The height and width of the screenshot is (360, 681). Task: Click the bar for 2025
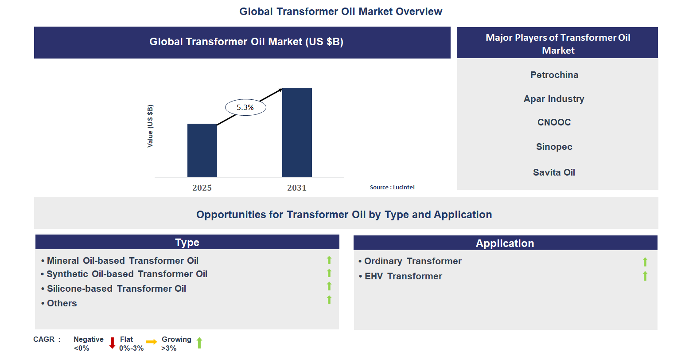pos(202,150)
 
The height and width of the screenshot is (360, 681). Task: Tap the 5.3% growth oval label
pos(245,107)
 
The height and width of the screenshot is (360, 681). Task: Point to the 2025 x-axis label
pos(202,188)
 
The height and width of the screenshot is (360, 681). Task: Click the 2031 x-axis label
pos(297,188)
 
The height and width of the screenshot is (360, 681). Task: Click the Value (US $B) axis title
pos(150,126)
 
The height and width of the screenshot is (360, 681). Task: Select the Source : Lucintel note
pos(392,187)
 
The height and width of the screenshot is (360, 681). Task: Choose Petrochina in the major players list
pos(554,75)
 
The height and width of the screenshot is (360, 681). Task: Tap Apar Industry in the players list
pos(554,99)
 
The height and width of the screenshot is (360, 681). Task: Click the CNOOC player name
pos(554,122)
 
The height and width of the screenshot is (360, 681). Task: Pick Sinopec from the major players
pos(554,147)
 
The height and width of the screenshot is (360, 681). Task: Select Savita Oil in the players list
pos(554,172)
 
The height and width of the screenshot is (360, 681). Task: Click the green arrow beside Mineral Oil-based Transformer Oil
pos(329,260)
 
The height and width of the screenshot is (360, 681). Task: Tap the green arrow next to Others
pos(329,300)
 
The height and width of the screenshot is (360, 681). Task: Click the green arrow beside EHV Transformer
pos(645,276)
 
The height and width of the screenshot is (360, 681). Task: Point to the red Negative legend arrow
pos(112,343)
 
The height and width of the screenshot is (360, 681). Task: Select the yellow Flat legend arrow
pos(151,342)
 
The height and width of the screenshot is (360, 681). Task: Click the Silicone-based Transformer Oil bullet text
pos(116,289)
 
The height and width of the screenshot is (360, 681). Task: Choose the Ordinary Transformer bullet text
pos(412,261)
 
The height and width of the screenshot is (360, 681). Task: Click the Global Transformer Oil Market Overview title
pos(341,12)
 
